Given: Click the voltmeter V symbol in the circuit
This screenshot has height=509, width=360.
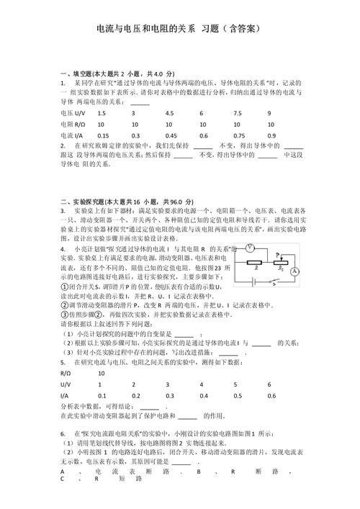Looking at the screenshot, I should point(249,248).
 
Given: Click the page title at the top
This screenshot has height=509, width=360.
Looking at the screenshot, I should point(179,29).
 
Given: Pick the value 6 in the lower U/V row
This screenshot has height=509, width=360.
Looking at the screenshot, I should point(270,384).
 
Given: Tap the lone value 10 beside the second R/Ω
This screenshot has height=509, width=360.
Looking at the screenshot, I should point(102,374).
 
